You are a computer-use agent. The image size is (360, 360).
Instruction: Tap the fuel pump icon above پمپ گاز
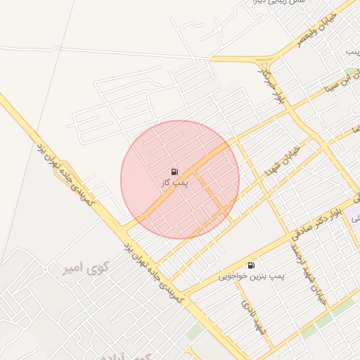coord(174,172)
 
